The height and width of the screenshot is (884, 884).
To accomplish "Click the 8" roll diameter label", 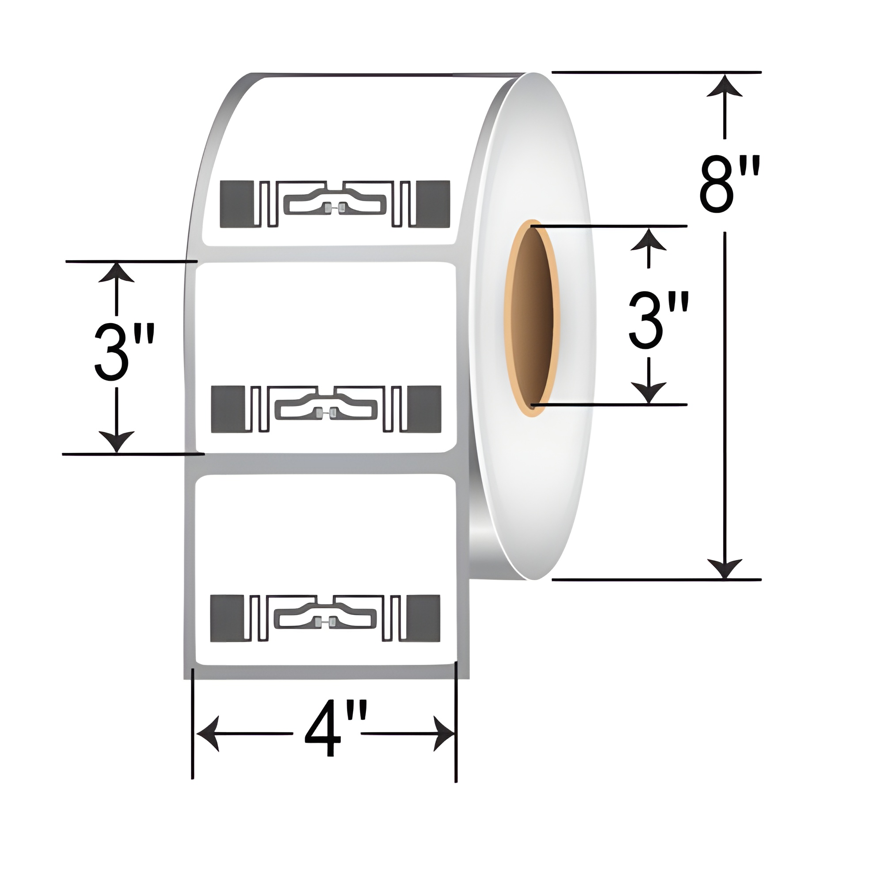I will point(729,184).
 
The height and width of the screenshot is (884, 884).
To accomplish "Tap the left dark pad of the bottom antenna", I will point(227,618).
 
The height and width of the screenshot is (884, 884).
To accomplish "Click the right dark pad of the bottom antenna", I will point(423,618).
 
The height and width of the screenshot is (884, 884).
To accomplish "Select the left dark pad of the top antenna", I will point(236,204).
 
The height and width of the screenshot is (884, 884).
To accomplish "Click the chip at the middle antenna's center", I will point(326,414).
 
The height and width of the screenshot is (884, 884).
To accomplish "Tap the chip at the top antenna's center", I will point(335,208).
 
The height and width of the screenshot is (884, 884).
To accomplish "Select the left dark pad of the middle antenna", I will point(229,409).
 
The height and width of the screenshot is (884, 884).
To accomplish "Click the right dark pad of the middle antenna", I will point(424,409).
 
